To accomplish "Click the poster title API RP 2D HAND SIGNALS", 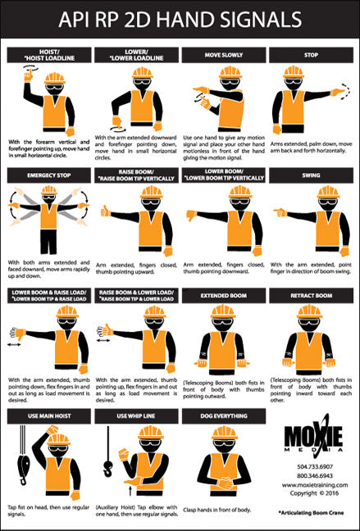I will tap(180, 19).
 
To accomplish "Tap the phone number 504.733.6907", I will tap(309, 466).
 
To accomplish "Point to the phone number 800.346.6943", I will tap(309, 475).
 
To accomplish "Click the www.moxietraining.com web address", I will tap(309, 485).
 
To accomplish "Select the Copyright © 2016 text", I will tap(309, 494).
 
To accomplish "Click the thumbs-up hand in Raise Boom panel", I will tap(106, 211).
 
